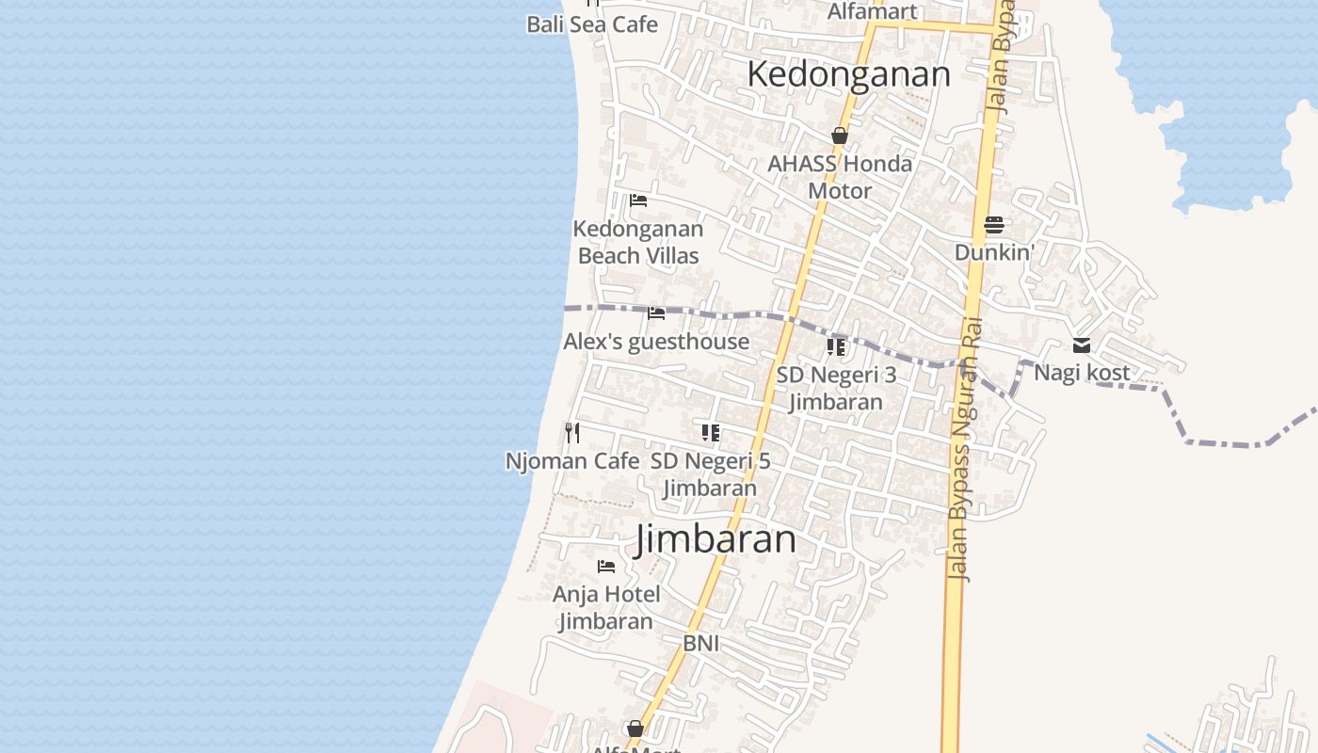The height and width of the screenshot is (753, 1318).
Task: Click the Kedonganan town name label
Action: click(x=848, y=74)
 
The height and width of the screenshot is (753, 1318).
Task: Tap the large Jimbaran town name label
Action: click(x=715, y=539)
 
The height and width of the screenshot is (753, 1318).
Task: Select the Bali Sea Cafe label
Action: click(x=592, y=24)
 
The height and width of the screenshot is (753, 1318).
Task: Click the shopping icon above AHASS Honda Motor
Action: click(x=840, y=136)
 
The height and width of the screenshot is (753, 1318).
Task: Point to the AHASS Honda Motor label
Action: click(x=840, y=177)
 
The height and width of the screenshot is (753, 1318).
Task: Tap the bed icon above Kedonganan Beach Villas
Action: click(x=638, y=200)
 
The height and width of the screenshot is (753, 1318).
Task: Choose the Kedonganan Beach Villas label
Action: click(x=638, y=242)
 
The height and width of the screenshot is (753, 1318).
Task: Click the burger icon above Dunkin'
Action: click(x=994, y=225)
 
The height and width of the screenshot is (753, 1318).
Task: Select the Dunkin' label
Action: click(x=994, y=252)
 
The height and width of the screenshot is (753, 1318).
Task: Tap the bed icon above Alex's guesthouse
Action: click(x=656, y=313)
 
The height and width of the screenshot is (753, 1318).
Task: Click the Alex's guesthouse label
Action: click(x=656, y=342)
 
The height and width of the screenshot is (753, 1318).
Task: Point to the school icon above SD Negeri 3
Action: click(x=836, y=347)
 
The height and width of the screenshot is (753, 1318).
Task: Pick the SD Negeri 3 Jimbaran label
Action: click(x=836, y=388)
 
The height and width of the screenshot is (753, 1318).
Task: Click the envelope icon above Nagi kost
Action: click(x=1082, y=346)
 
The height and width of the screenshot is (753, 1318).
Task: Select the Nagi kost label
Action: click(x=1082, y=373)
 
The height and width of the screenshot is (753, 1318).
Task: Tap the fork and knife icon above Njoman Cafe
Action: click(x=572, y=433)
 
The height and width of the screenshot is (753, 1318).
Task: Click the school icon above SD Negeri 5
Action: click(x=711, y=433)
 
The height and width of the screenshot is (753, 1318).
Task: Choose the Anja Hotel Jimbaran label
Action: click(x=606, y=608)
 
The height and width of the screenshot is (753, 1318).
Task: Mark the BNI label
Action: click(x=701, y=643)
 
